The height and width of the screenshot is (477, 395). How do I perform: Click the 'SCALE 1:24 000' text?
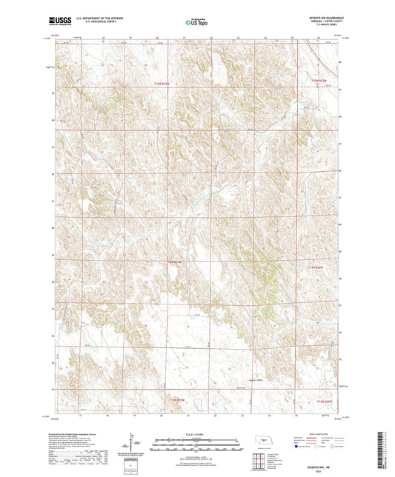tap(196, 431)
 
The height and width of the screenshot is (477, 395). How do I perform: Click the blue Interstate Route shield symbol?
tap(297, 447)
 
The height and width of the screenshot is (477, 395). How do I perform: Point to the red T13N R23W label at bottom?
tap(176, 401)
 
